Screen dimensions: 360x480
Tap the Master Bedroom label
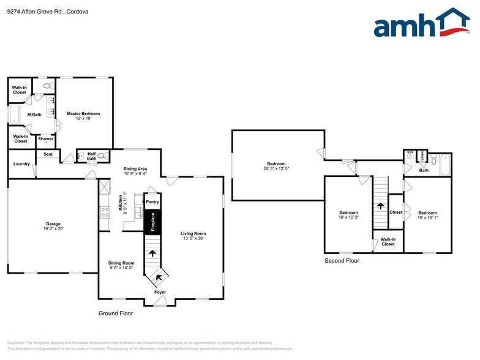[x=83, y=113]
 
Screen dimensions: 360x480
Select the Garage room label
[x=52, y=223]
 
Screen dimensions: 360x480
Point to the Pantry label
[x=152, y=201]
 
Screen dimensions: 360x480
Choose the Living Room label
[x=193, y=233]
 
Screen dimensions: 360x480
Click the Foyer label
[x=160, y=292]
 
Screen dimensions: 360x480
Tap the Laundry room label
[x=21, y=164]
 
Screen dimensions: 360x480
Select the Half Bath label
[x=92, y=156]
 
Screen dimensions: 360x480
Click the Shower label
[x=46, y=139]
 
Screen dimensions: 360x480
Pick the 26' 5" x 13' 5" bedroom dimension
[x=276, y=168]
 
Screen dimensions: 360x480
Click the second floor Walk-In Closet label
[x=388, y=241]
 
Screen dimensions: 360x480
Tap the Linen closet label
[x=423, y=157]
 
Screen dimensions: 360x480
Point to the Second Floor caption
[x=342, y=261]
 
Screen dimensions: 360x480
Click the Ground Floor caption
[x=116, y=313]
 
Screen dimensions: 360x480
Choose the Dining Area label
[x=135, y=168]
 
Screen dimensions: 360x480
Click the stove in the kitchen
[x=104, y=212]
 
